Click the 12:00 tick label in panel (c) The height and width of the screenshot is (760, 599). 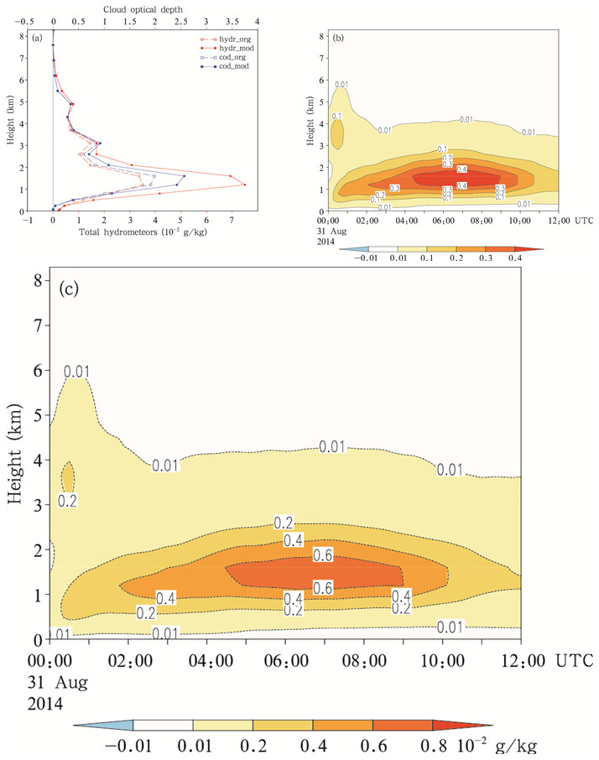pos(519,661)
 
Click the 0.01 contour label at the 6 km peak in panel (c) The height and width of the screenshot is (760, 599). pos(76,371)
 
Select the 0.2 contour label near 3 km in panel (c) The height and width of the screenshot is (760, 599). pos(68,502)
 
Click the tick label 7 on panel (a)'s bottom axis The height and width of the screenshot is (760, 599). pos(231,219)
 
